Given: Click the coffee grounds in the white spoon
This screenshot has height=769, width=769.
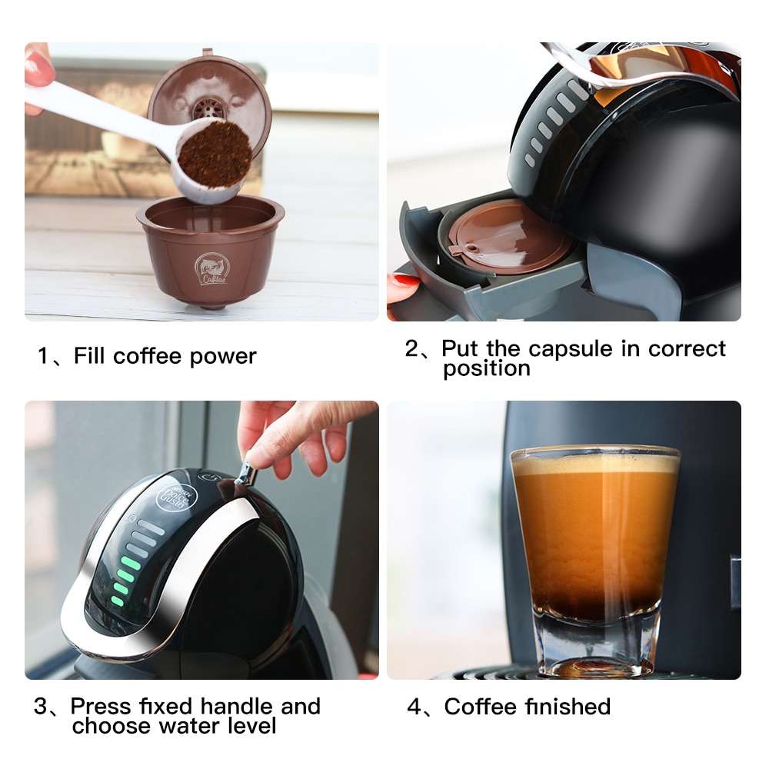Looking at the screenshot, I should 215,154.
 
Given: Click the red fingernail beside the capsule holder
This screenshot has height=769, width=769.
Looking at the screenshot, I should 402,283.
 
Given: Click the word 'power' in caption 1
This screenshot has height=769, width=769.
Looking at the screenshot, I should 223,357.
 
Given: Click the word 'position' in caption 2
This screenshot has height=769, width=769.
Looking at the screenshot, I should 486,368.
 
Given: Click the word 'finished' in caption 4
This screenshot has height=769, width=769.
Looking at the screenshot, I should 568,706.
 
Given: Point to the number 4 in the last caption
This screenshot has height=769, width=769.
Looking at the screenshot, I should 414,707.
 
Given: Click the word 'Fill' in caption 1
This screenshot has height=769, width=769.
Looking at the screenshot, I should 90,356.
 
